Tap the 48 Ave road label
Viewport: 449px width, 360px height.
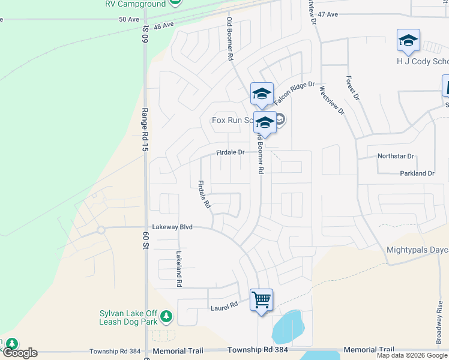[x=163, y=26]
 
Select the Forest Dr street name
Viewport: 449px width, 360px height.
[x=352, y=88]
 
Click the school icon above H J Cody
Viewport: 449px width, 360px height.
[x=408, y=41]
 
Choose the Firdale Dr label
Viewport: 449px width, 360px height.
[x=231, y=152]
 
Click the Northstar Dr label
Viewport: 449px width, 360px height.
[x=396, y=156]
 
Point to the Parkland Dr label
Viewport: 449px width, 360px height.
[x=417, y=173]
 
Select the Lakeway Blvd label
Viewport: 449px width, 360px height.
[x=172, y=227]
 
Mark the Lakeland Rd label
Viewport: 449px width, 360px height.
[x=178, y=268]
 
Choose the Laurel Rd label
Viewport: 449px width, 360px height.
[x=224, y=305]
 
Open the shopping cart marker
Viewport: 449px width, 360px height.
[x=261, y=299]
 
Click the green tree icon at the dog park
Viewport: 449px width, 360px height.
[x=166, y=316]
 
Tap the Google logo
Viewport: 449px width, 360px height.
[x=19, y=353]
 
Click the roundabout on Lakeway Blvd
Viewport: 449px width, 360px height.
[x=101, y=230]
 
